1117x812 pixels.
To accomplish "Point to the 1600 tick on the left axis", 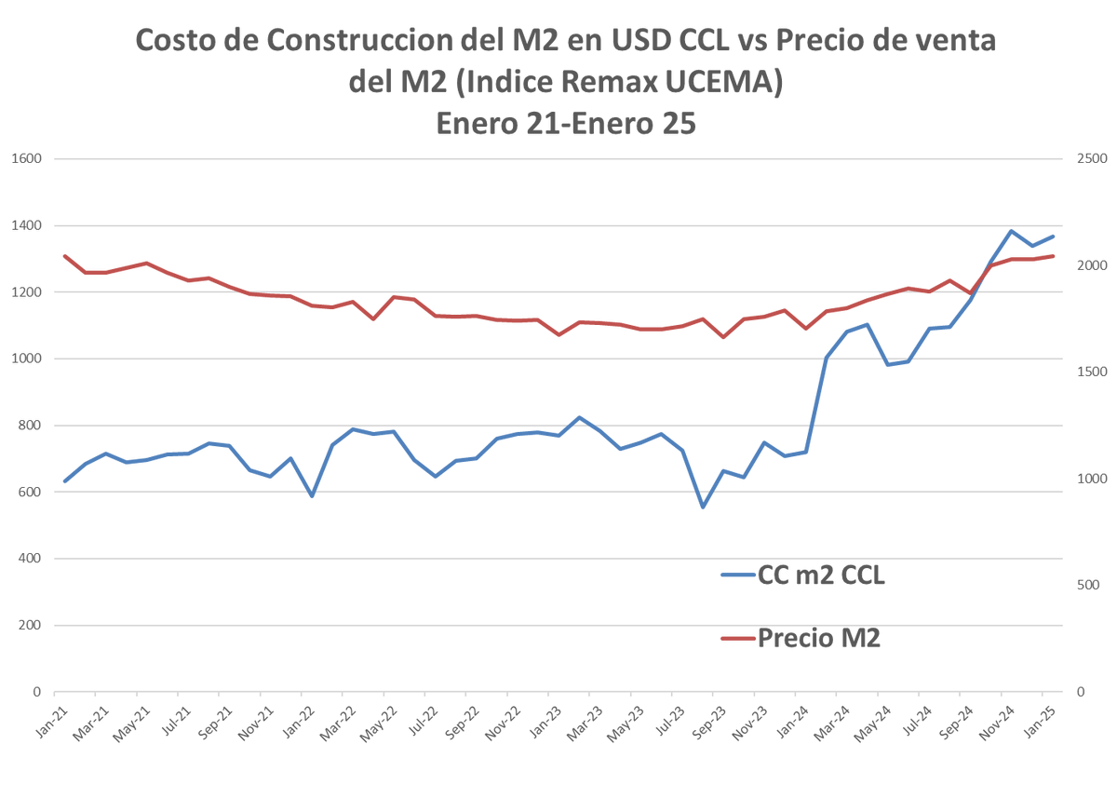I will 26,159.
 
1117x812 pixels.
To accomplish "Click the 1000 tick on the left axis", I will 26,359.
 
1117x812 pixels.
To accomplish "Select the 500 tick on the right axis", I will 1085,586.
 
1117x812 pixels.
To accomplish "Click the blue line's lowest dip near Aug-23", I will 703,507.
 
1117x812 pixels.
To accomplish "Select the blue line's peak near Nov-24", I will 1011,231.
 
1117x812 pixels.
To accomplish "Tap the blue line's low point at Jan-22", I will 312,495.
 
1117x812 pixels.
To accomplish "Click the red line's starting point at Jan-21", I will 64,256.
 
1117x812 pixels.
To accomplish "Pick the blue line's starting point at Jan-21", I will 64,481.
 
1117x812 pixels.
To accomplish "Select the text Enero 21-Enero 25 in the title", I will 566,123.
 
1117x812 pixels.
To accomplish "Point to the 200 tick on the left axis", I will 30,626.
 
